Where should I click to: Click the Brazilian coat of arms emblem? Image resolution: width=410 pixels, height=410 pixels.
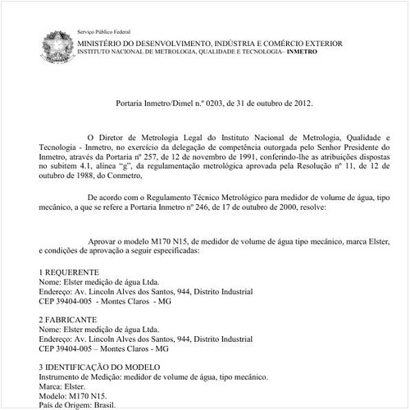click(x=58, y=43)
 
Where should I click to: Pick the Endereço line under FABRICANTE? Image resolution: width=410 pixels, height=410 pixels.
click(x=145, y=338)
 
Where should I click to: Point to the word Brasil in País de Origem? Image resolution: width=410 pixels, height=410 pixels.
click(x=103, y=404)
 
